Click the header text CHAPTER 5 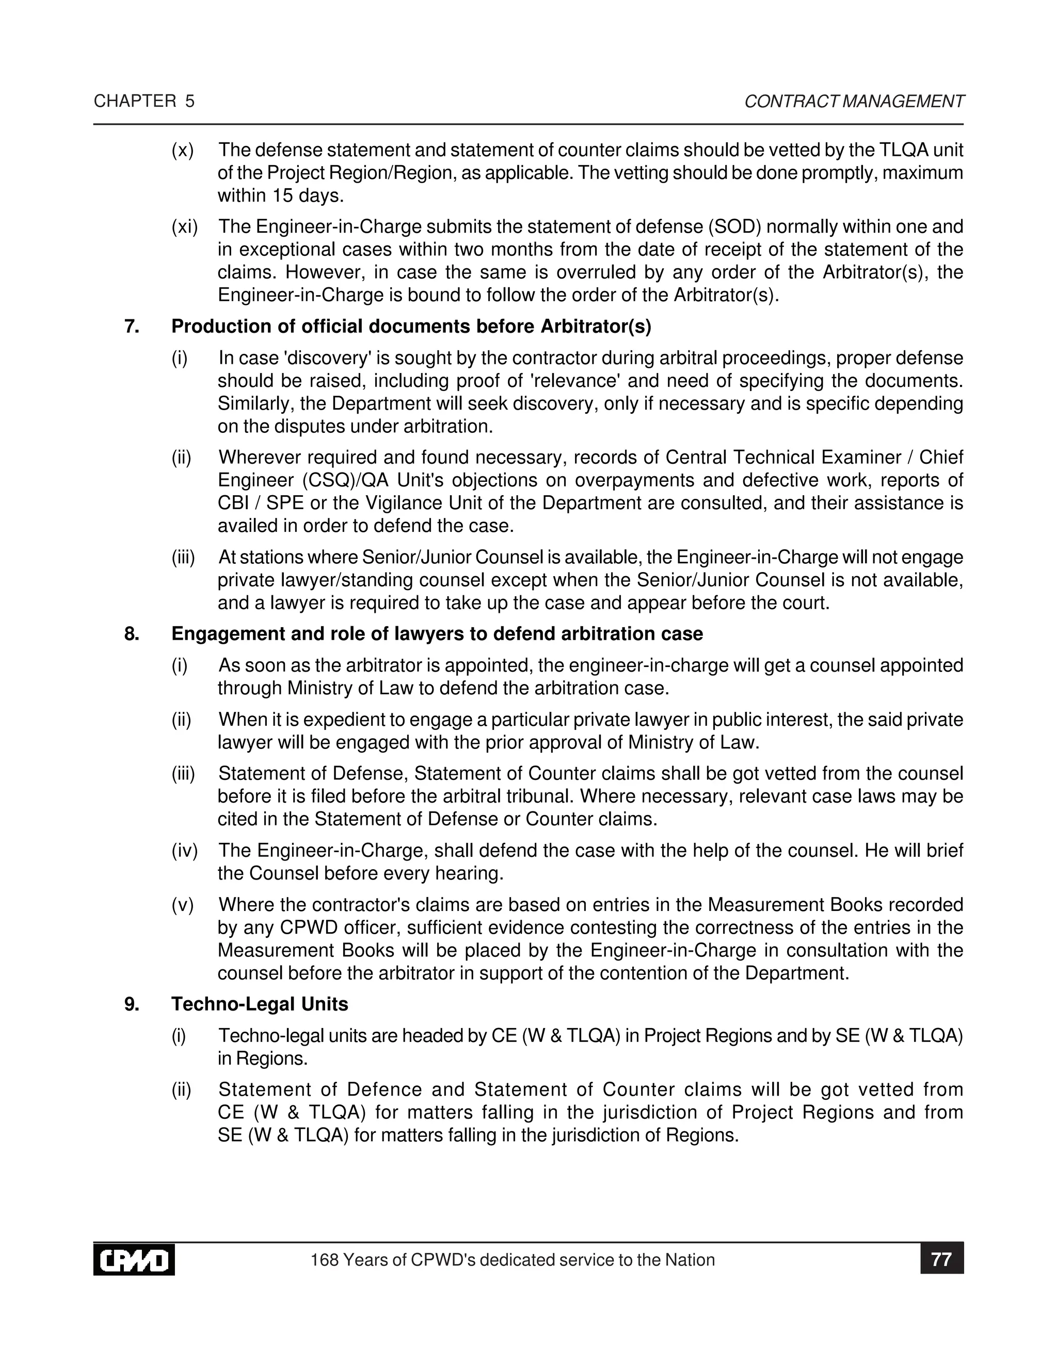pyautogui.click(x=144, y=102)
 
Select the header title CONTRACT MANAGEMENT pyautogui.click(x=854, y=102)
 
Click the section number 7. pyautogui.click(x=132, y=327)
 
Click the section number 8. pyautogui.click(x=132, y=634)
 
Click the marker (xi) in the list pyautogui.click(x=185, y=226)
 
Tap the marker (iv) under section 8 pyautogui.click(x=185, y=851)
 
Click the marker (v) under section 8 pyautogui.click(x=183, y=905)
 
